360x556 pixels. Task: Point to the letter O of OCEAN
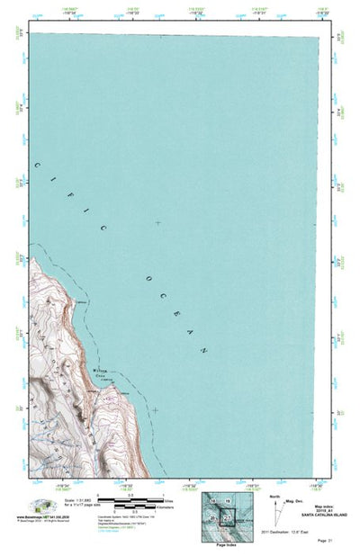coord(147,282)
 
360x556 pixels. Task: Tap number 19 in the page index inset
coord(228,500)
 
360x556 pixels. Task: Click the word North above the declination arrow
coord(274,495)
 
